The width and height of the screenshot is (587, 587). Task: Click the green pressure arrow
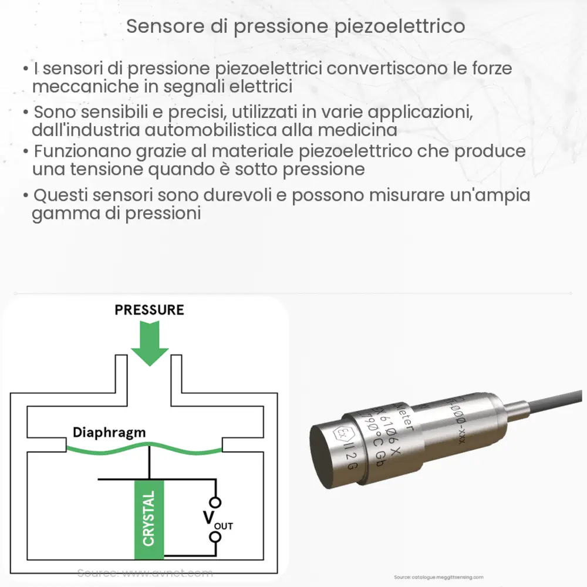150,343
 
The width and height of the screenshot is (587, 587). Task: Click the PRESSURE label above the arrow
150,310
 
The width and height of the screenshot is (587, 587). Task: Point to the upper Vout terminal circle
216,502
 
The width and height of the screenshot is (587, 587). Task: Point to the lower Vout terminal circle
216,537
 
